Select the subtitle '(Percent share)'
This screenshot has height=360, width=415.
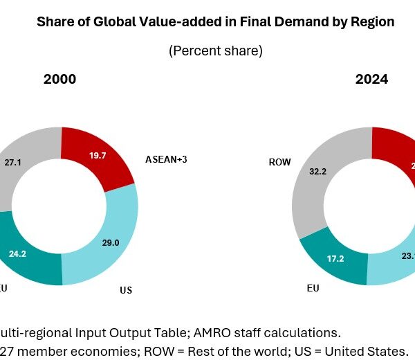215,51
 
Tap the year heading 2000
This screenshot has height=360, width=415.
59,80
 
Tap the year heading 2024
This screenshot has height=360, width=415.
371,80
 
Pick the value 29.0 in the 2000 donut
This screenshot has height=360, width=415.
109,224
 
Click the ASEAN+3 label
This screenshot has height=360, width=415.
167,160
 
